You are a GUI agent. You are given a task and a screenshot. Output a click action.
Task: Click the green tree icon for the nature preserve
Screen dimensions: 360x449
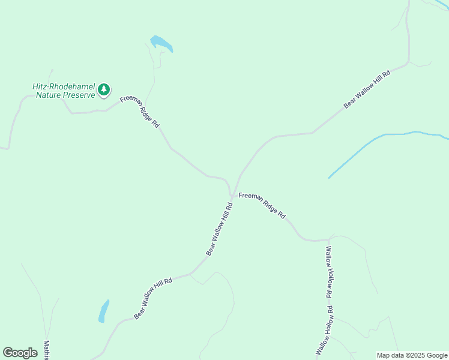(x=104, y=90)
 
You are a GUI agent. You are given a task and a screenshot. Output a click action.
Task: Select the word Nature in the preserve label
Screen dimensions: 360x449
(x=50, y=95)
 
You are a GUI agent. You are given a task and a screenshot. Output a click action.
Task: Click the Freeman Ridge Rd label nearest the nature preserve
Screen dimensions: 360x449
(x=140, y=112)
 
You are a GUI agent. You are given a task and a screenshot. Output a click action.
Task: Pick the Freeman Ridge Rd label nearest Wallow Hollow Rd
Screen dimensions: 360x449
(x=262, y=205)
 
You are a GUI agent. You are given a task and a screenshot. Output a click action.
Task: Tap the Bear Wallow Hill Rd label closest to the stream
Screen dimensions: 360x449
(x=367, y=90)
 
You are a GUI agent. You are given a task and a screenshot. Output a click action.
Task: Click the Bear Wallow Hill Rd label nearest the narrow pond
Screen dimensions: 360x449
(x=153, y=298)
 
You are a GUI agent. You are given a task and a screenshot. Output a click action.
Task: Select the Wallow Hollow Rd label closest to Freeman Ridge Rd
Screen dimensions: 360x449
(x=328, y=272)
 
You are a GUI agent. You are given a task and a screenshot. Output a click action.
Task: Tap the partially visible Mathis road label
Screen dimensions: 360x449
(x=46, y=350)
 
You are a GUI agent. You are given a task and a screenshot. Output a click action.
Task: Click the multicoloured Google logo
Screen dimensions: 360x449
(x=20, y=353)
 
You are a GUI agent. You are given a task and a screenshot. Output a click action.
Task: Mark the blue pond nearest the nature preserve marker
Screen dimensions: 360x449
(x=161, y=44)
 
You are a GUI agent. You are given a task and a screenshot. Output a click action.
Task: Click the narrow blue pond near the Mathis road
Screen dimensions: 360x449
(x=104, y=311)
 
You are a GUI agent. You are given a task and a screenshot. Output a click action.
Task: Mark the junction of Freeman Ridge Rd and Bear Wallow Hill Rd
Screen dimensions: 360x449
(x=232, y=194)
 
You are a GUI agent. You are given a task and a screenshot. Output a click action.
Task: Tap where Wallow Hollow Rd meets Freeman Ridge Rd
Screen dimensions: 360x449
(x=328, y=239)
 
